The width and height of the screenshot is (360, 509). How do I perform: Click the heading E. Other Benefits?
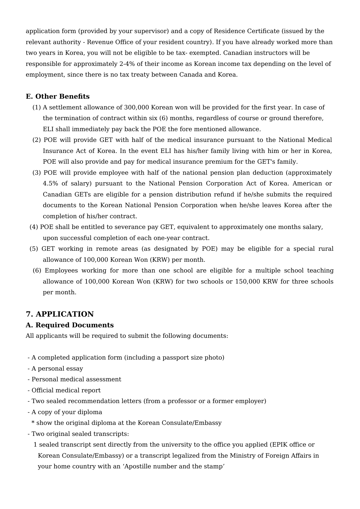57,96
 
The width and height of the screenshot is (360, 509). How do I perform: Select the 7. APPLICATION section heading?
59,314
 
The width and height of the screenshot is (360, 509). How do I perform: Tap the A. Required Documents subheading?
70,325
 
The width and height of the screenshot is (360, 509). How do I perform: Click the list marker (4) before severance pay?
34,227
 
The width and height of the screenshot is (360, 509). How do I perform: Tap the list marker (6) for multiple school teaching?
37,270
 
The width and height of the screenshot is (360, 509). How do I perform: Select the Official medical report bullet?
64,390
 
